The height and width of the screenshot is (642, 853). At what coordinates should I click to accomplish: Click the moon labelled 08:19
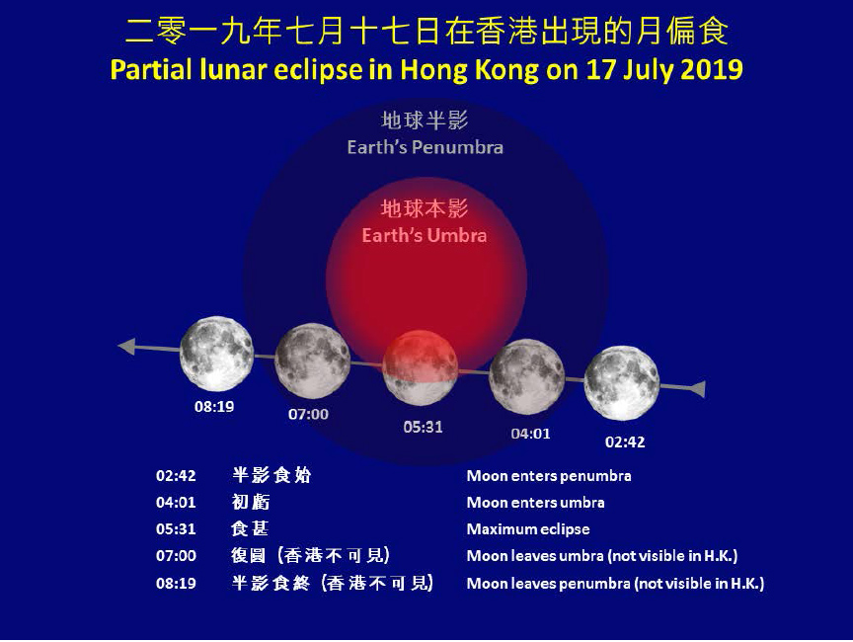[x=216, y=354]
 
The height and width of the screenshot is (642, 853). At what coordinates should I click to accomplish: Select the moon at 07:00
[x=312, y=361]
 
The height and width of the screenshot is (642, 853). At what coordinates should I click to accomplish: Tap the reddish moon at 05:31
[x=421, y=367]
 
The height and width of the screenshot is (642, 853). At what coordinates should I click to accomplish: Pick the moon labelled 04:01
[x=527, y=376]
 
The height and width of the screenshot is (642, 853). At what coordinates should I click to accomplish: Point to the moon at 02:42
[x=622, y=382]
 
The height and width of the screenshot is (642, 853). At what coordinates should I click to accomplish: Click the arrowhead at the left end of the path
[x=126, y=346]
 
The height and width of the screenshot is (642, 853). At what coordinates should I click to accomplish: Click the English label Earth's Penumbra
[x=426, y=147]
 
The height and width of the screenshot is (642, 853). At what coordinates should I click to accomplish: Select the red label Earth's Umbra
[x=425, y=236]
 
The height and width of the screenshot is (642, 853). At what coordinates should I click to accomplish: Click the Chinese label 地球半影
[x=426, y=120]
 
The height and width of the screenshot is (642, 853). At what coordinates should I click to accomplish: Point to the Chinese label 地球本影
[x=425, y=209]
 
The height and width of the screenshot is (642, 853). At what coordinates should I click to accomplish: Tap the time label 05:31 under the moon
[x=423, y=428]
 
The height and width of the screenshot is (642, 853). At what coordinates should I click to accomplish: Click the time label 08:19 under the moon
[x=214, y=406]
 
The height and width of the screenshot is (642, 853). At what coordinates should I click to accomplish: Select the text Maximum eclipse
[x=528, y=529]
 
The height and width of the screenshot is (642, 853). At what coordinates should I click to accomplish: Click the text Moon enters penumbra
[x=549, y=476]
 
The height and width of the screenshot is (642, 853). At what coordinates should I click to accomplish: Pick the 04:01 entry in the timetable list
[x=176, y=503]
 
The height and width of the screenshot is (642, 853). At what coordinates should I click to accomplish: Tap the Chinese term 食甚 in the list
[x=250, y=529]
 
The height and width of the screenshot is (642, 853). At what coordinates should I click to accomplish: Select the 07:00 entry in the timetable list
[x=176, y=556]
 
